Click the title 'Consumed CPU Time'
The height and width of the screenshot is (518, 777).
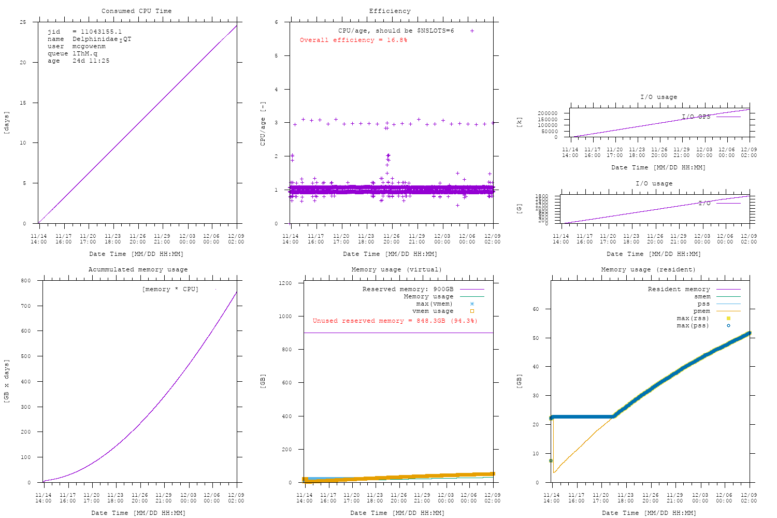[136, 11]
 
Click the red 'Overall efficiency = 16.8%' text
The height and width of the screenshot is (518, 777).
[353, 40]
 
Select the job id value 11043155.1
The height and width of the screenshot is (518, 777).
[101, 32]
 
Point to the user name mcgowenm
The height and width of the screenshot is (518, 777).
[89, 46]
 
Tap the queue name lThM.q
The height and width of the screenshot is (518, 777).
[84, 53]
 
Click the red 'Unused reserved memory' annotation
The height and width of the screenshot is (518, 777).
[395, 321]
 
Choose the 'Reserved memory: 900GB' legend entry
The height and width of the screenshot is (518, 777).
[408, 289]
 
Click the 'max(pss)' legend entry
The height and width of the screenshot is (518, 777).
[693, 325]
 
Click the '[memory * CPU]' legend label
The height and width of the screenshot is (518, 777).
[170, 289]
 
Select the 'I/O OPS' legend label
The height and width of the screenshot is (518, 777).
[696, 117]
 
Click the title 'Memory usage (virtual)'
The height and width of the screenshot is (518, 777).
[396, 269]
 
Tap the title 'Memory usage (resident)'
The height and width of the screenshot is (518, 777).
[648, 269]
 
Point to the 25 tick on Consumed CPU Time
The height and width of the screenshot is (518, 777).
[23, 22]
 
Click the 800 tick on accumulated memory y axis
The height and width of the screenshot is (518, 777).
[25, 281]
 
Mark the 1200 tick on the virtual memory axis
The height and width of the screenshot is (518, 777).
[285, 283]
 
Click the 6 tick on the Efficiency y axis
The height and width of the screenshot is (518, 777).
[277, 22]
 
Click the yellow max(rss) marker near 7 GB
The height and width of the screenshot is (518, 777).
[551, 461]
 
